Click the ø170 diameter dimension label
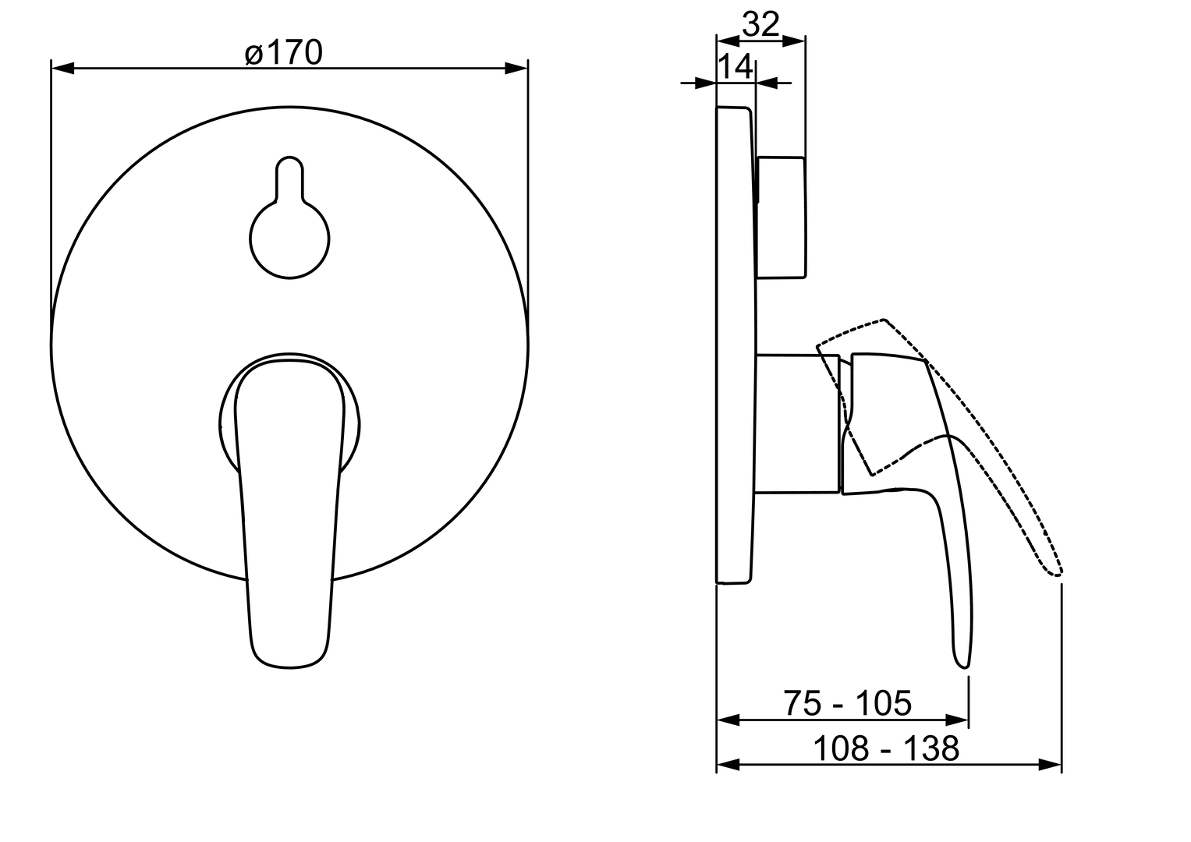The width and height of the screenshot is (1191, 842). [283, 53]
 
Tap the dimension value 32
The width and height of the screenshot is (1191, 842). [761, 24]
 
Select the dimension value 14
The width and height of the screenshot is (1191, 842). [736, 66]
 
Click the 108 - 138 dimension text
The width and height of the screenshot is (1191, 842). [886, 748]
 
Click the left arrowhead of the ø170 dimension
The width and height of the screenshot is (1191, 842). [62, 68]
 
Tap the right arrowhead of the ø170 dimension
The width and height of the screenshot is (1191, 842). [516, 68]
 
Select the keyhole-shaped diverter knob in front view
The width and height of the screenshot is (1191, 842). [290, 218]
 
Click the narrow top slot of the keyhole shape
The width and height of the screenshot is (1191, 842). [290, 178]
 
